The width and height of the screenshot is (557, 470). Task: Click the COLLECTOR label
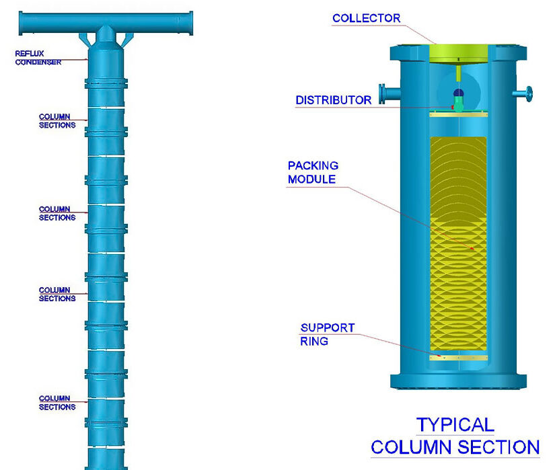[x=367, y=18]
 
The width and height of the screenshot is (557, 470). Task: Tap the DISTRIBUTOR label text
[x=333, y=100]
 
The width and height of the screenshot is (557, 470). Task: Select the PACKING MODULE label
[x=313, y=172]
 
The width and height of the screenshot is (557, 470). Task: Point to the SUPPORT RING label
[x=327, y=334]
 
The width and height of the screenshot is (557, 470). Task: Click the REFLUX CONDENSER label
[x=38, y=58]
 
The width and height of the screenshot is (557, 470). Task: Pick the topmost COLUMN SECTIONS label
[x=57, y=121]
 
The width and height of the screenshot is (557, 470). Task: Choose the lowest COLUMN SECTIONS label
[x=57, y=403]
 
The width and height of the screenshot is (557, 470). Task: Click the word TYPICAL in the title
[x=455, y=425]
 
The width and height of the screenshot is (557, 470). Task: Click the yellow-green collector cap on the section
[x=458, y=54]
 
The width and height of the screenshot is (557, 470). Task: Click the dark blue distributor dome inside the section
[x=459, y=93]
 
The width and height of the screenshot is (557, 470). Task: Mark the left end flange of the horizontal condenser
[x=22, y=24]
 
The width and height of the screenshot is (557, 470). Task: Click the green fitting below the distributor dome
[x=459, y=105]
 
